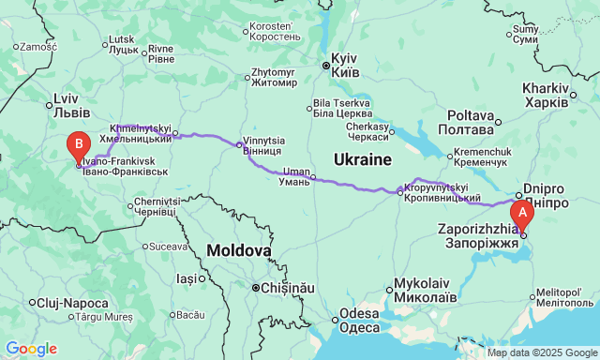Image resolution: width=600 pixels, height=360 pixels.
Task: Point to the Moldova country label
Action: [x=239, y=250]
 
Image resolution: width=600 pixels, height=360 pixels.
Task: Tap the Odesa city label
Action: [x=359, y=321]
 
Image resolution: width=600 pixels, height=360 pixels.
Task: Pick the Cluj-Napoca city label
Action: [x=69, y=302]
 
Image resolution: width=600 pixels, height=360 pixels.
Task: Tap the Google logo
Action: [x=31, y=349]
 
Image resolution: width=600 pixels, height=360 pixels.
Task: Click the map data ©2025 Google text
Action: [x=541, y=353]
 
